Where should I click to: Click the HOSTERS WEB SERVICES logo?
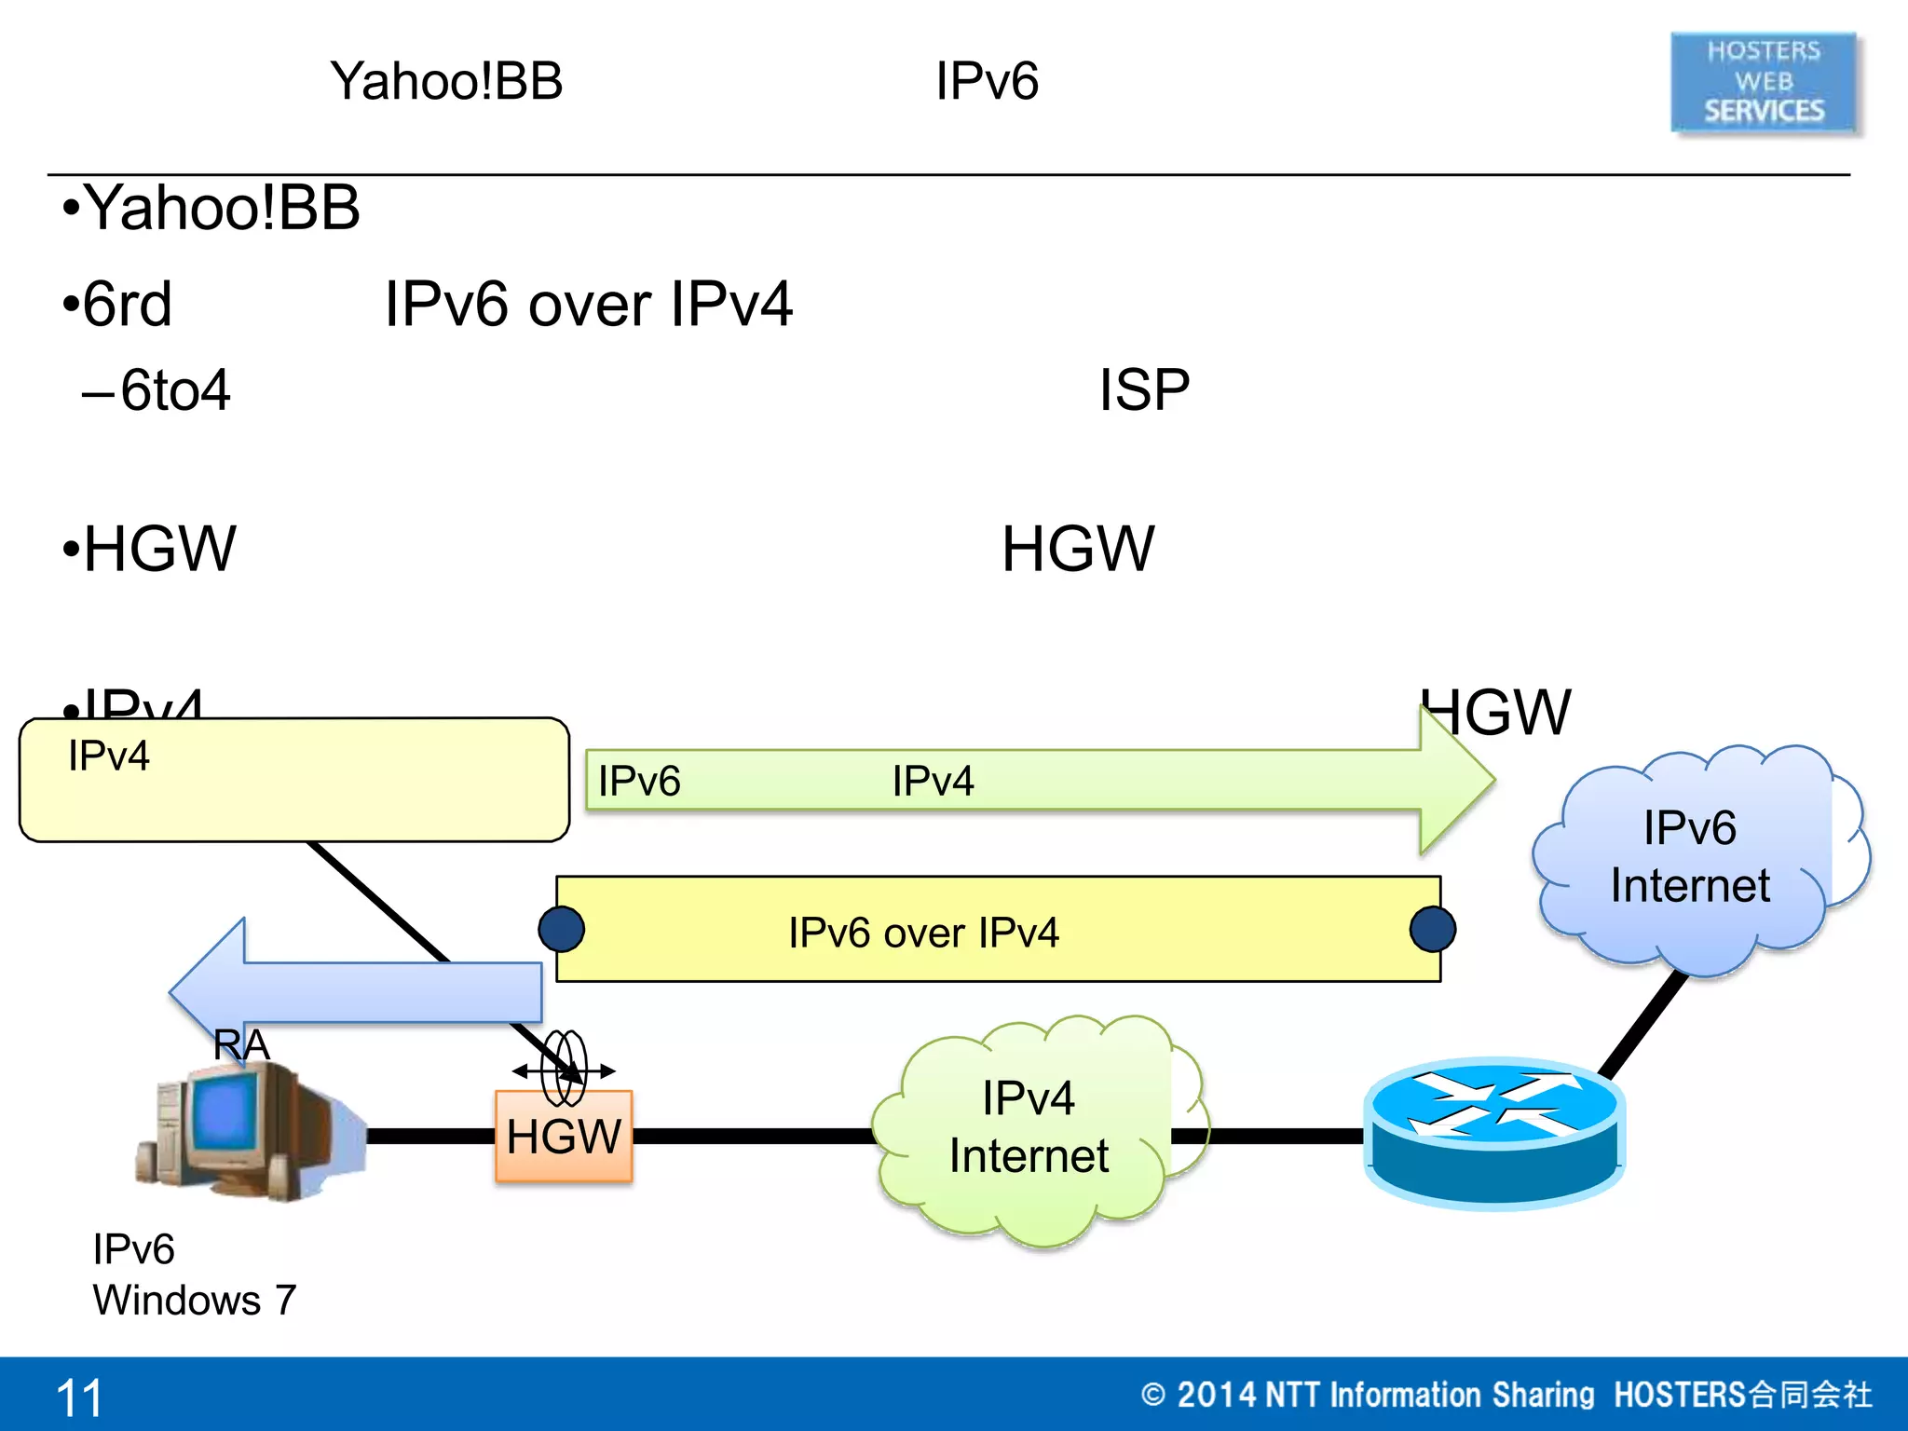[x=1764, y=82]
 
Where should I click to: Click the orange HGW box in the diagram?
[x=564, y=1137]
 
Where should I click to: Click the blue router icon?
[x=1494, y=1131]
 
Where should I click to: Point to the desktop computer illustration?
[x=247, y=1131]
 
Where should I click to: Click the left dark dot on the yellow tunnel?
[x=562, y=929]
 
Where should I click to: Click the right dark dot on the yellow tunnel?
[x=1432, y=929]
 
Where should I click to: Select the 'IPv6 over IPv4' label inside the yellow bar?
[x=923, y=933]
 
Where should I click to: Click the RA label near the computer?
[x=241, y=1044]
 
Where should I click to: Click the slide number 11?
[x=79, y=1397]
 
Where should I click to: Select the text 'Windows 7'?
[x=195, y=1300]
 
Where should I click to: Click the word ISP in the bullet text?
[x=1143, y=389]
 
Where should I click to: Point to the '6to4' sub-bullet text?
[x=175, y=389]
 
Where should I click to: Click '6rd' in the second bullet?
[x=128, y=304]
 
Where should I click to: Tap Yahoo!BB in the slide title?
[x=446, y=81]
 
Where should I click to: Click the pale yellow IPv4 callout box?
[x=294, y=780]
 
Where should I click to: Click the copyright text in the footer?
[x=1506, y=1395]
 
